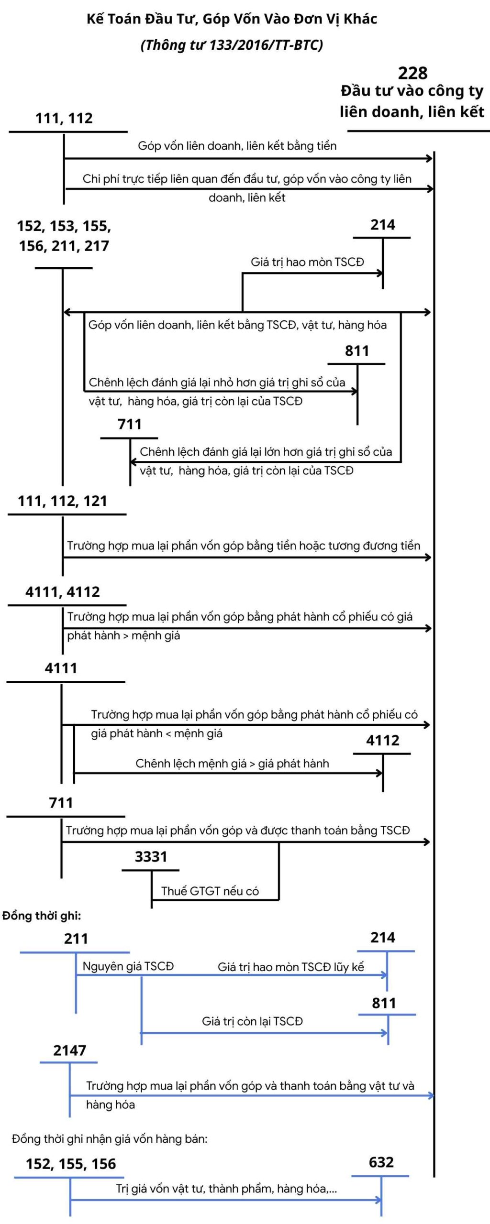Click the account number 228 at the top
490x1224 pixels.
[x=412, y=73]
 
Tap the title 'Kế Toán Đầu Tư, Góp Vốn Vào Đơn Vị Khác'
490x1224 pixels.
[x=232, y=19]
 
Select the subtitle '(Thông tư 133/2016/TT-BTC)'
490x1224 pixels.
[x=232, y=45]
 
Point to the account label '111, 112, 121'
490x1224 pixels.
[x=62, y=501]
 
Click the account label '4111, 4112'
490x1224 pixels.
[x=63, y=591]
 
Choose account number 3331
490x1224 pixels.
[x=151, y=856]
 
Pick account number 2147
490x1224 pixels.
[x=70, y=1050]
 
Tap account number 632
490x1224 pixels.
[x=381, y=1162]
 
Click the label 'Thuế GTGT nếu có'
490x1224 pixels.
[x=210, y=891]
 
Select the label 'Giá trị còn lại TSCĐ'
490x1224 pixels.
[x=252, y=1021]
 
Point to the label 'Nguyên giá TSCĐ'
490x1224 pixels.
[x=128, y=966]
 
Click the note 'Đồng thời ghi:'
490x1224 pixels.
[x=42, y=916]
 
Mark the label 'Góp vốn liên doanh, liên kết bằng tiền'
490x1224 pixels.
[x=237, y=146]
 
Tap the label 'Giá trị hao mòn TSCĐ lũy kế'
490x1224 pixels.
[x=291, y=967]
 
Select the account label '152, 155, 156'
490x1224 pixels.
[x=71, y=1164]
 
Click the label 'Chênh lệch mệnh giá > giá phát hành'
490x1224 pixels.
[x=232, y=763]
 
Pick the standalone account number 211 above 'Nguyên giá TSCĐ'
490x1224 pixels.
[x=76, y=939]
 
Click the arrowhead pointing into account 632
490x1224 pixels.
[x=379, y=1200]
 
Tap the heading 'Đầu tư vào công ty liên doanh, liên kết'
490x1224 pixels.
[x=412, y=101]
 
